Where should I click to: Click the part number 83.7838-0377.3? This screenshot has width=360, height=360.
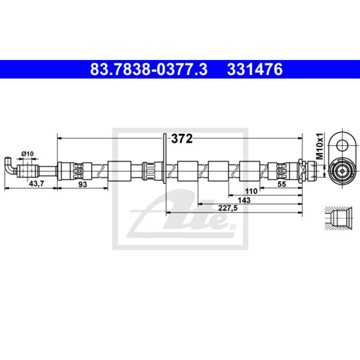[x=149, y=69]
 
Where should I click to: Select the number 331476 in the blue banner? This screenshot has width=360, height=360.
[x=255, y=69]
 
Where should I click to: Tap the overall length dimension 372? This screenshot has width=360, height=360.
[x=182, y=139]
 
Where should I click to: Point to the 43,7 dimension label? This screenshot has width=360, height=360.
[x=36, y=184]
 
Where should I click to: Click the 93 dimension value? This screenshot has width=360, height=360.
[x=82, y=184]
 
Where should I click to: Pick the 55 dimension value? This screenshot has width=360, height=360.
[x=282, y=184]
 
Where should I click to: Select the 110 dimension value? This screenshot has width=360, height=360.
[x=251, y=191]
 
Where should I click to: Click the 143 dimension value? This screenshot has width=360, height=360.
[x=244, y=200]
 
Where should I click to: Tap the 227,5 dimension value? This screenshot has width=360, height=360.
[x=228, y=208]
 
